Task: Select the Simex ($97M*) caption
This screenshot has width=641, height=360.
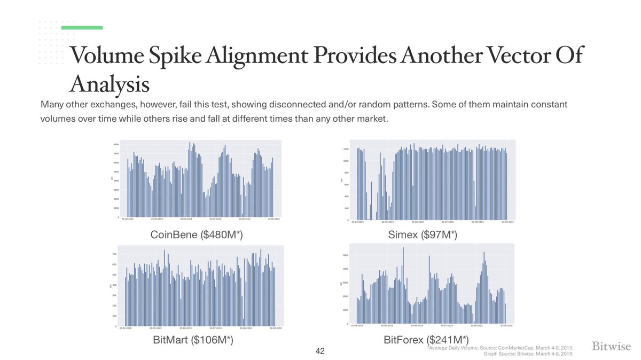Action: click(x=423, y=234)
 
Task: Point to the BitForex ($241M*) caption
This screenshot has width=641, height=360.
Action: click(x=426, y=340)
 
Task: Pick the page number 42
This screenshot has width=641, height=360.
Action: click(x=320, y=351)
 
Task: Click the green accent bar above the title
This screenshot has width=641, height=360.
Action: click(x=82, y=27)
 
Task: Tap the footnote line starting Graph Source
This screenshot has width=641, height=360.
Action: click(x=528, y=354)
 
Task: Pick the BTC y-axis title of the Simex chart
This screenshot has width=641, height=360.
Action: click(x=342, y=180)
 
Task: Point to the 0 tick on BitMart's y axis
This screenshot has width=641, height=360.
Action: click(x=117, y=326)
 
